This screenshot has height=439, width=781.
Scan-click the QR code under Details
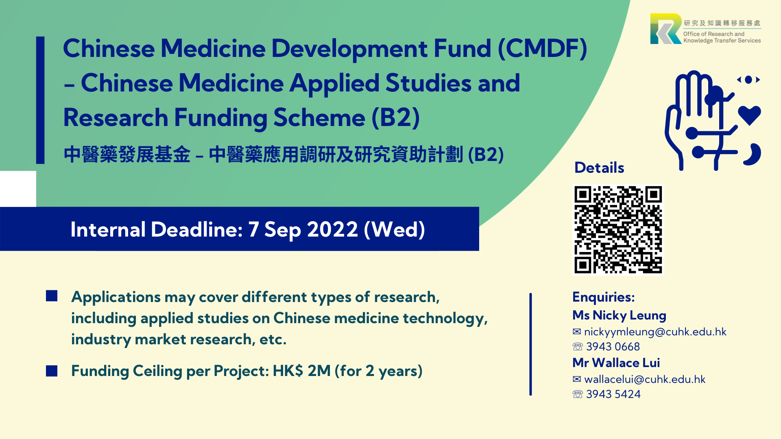click(x=618, y=230)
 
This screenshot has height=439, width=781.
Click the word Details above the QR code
click(x=599, y=167)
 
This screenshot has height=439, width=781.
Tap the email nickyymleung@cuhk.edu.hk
click(x=655, y=332)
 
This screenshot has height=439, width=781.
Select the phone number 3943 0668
click(x=613, y=347)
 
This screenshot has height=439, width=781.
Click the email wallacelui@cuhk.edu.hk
click(x=645, y=379)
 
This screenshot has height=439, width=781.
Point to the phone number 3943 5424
click(x=613, y=394)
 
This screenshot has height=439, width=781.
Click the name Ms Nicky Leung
click(x=619, y=315)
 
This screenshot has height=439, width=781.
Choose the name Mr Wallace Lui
click(x=616, y=363)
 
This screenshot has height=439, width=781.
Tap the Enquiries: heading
click(x=603, y=297)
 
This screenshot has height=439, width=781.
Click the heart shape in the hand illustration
click(x=749, y=115)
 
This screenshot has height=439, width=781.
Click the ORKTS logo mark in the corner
click(x=666, y=28)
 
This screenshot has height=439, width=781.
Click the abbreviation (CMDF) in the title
click(x=542, y=49)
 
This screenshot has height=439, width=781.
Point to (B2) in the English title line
click(x=395, y=118)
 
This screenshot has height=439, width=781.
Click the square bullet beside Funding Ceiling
click(x=52, y=371)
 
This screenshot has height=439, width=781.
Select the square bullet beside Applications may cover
click(x=52, y=296)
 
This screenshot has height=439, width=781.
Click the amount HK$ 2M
click(x=301, y=371)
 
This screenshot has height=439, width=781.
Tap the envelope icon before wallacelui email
click(x=577, y=379)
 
